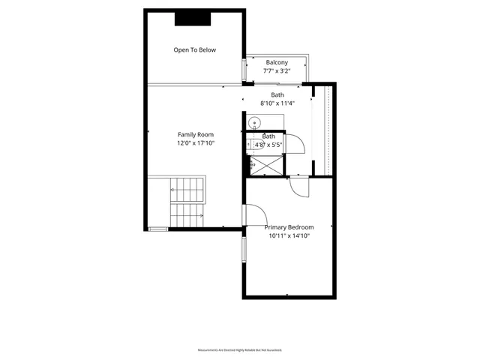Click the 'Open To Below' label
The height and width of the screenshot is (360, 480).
click(x=194, y=50)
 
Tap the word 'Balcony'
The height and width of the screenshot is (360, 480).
click(x=277, y=61)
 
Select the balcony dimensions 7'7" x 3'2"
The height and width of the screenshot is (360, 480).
click(x=277, y=70)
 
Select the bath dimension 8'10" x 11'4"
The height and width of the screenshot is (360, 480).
click(x=277, y=103)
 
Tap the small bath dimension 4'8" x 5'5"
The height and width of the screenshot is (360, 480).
click(x=268, y=145)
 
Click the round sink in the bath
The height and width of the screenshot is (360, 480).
click(x=254, y=122)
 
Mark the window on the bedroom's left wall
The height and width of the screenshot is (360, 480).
click(x=242, y=250)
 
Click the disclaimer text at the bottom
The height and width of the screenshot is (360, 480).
click(x=239, y=350)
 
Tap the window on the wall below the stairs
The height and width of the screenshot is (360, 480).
click(x=158, y=229)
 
